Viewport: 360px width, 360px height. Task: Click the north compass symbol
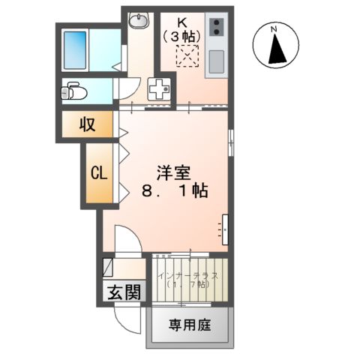[275, 46]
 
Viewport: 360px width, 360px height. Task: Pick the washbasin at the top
[139, 20]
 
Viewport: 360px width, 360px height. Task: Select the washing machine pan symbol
[159, 89]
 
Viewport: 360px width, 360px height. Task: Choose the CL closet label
[99, 172]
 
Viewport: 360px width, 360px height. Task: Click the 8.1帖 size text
[174, 192]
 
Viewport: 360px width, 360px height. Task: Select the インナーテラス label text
[189, 276]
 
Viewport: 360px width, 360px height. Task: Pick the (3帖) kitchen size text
[183, 34]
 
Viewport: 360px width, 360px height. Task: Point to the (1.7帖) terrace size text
[189, 286]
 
